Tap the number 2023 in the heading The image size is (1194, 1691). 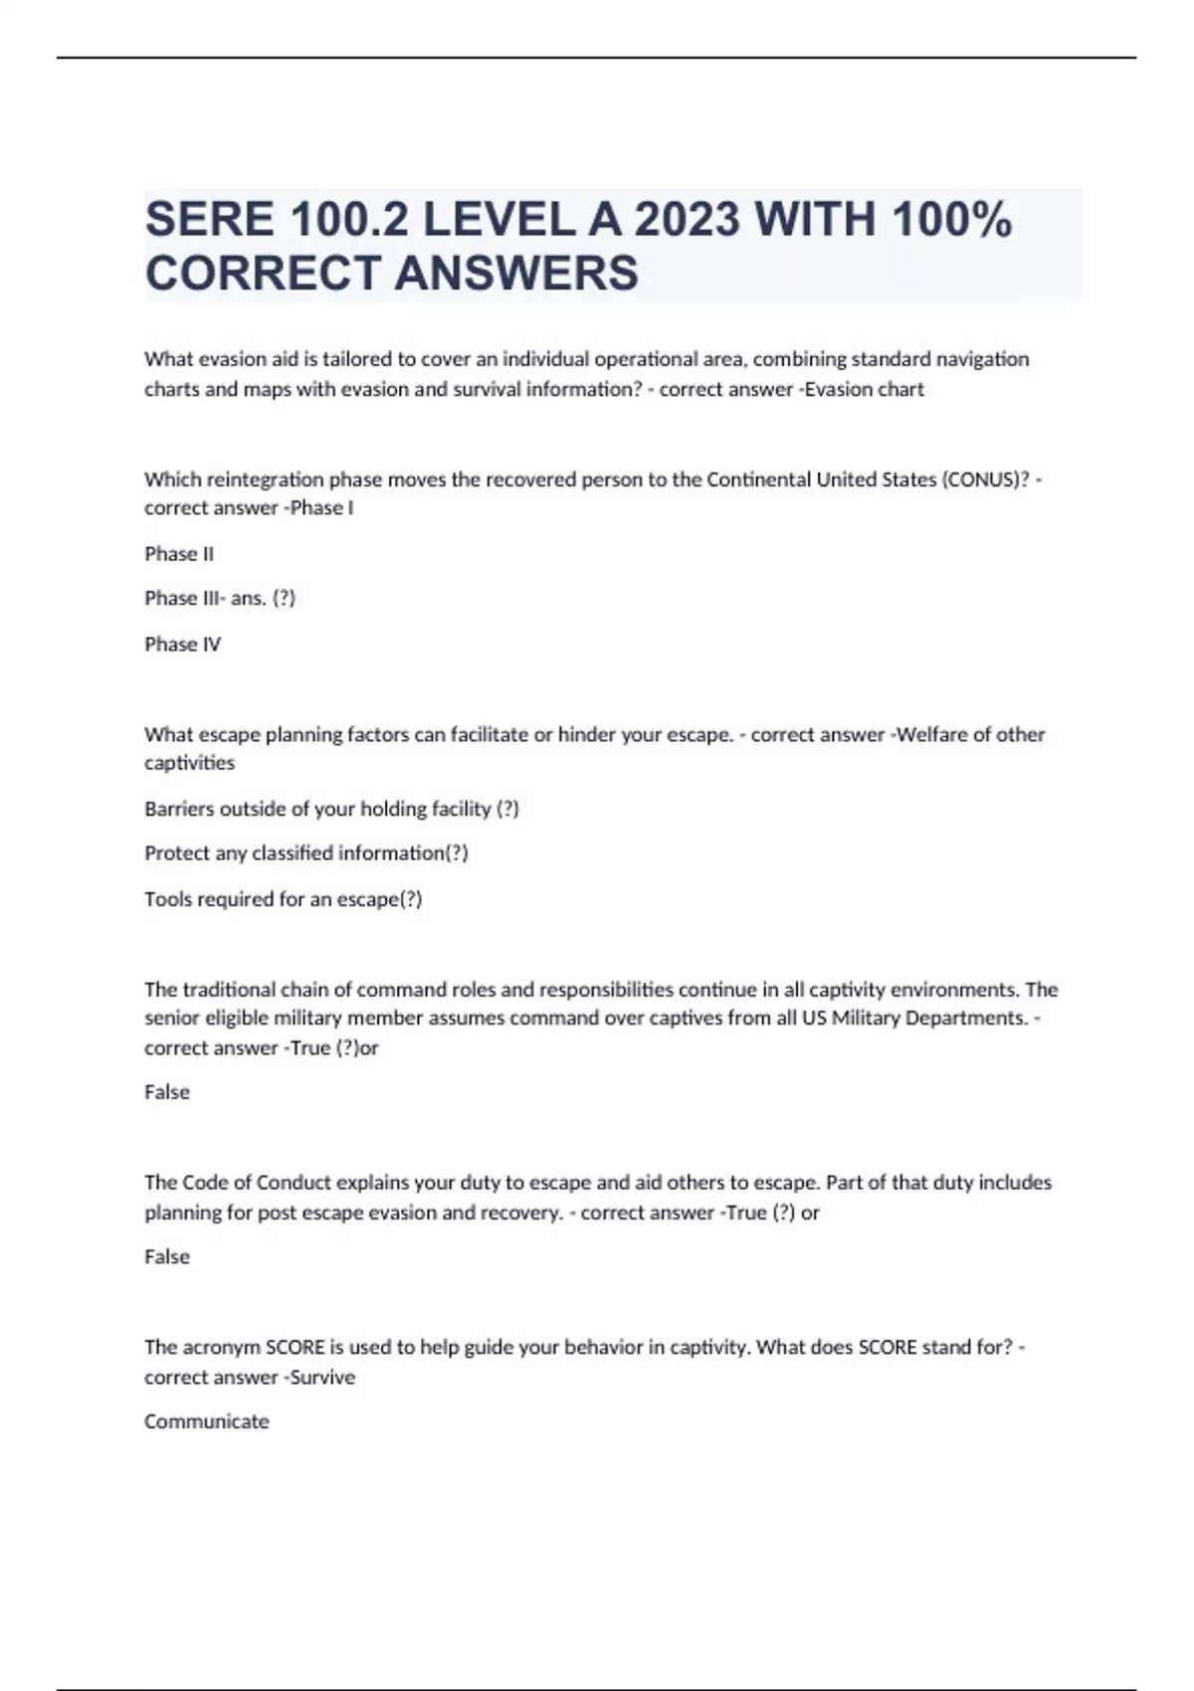[x=687, y=220]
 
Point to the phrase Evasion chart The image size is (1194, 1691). [x=865, y=389]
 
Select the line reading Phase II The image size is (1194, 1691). [x=179, y=554]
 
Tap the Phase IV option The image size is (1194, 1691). [x=183, y=645]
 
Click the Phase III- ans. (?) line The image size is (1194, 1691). [x=220, y=598]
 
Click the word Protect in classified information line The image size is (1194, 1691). [x=174, y=853]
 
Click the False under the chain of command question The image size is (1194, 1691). [x=167, y=1092]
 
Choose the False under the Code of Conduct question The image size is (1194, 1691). [x=167, y=1257]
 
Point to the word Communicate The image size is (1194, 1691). [x=207, y=1421]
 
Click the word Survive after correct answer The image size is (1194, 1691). [x=322, y=1378]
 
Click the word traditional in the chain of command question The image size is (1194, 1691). [x=229, y=990]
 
